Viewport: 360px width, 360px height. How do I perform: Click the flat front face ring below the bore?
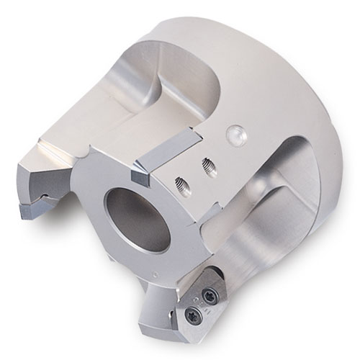(x=144, y=266)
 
